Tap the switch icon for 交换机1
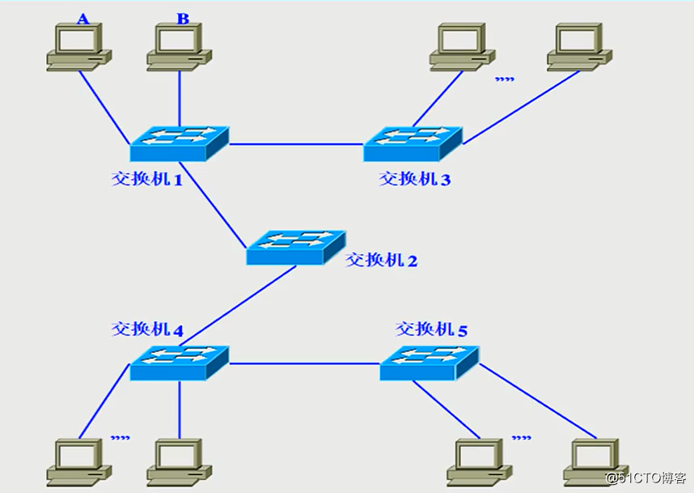(180, 143)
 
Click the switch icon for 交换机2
(296, 247)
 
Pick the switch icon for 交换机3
(413, 143)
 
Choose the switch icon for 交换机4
(180, 363)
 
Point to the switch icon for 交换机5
(430, 363)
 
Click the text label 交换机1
(147, 179)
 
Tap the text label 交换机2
(382, 260)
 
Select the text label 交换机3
(414, 179)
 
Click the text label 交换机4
(147, 329)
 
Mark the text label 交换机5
(431, 329)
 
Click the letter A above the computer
(83, 18)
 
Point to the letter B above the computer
(183, 18)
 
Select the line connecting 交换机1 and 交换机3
(296, 145)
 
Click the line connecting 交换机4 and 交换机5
(304, 363)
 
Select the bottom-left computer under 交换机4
(78, 461)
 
